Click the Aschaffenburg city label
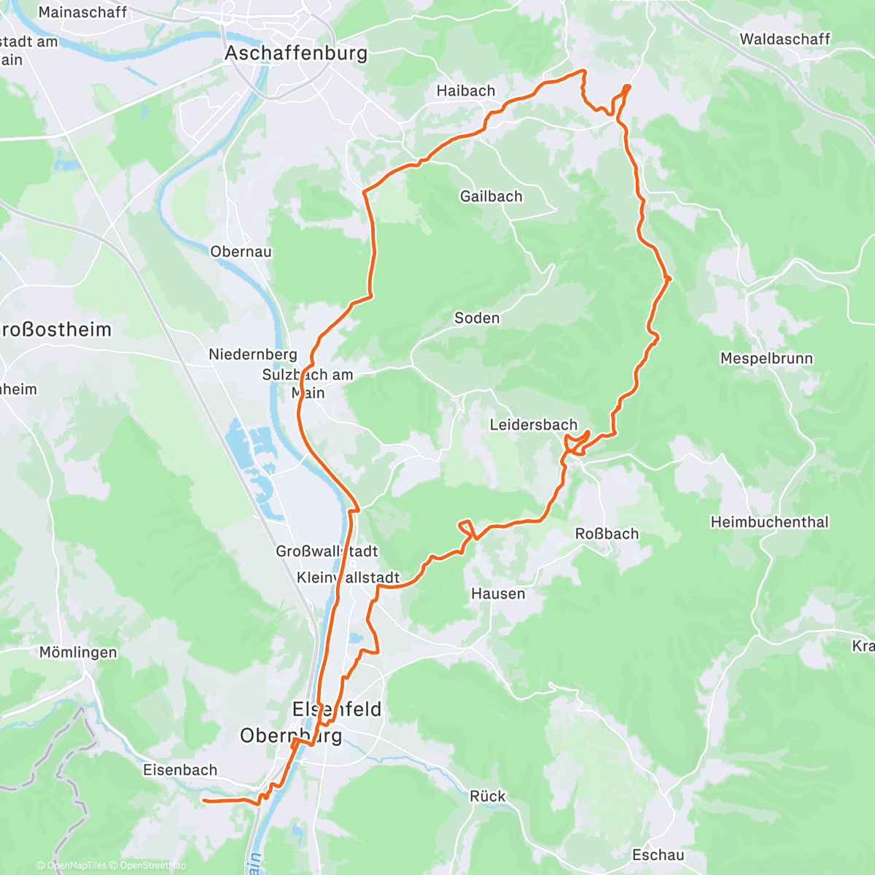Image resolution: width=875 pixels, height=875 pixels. coord(296,53)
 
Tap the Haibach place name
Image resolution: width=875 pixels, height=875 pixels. coord(465,91)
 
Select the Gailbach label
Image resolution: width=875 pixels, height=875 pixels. coord(491,196)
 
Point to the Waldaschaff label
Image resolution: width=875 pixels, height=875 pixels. coord(785,39)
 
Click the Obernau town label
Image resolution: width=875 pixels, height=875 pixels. coord(241,252)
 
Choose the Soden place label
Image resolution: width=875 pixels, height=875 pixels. coord(477,318)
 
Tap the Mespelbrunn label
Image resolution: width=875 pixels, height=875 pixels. coord(766,359)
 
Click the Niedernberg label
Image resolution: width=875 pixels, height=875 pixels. coord(253,354)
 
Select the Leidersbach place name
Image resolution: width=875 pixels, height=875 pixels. coord(533,425)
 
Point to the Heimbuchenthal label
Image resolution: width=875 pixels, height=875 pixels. coord(769,522)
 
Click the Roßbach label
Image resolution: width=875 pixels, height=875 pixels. coord(607,534)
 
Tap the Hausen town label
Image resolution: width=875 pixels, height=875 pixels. coord(498,594)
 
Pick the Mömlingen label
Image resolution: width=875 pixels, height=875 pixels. coord(78,653)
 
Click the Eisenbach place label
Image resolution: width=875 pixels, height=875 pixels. coord(180,770)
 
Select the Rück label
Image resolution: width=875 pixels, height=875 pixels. coord(487,796)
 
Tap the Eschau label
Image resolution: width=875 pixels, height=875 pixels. coord(658,855)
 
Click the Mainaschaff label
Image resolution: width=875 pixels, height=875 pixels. coord(82,12)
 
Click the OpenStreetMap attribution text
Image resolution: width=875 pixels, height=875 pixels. coord(153,866)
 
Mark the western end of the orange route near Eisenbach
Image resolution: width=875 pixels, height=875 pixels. coord(203,801)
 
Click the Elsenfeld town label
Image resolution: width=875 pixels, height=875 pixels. coord(336,709)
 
